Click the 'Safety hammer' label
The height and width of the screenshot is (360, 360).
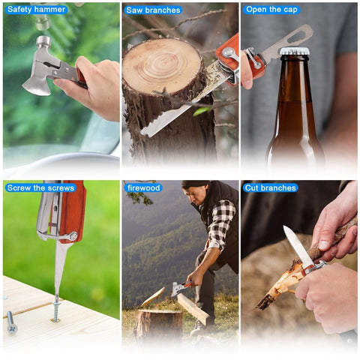36,10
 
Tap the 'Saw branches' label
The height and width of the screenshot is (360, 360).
153,10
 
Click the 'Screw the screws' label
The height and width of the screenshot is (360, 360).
40,187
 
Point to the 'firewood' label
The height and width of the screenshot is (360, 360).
143,187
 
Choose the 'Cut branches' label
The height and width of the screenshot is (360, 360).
270,187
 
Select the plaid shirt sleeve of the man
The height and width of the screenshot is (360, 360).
219,225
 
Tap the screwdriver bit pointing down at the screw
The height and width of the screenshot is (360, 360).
58,270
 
